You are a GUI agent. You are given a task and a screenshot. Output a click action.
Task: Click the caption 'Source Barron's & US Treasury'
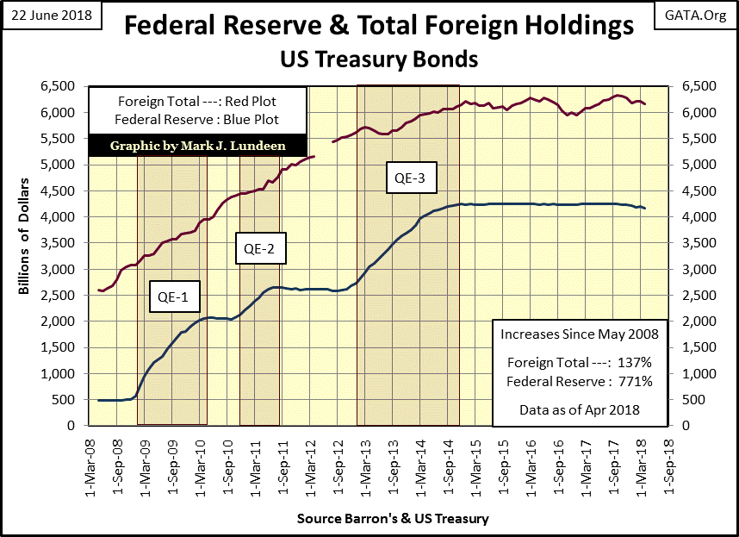[x=393, y=519]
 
